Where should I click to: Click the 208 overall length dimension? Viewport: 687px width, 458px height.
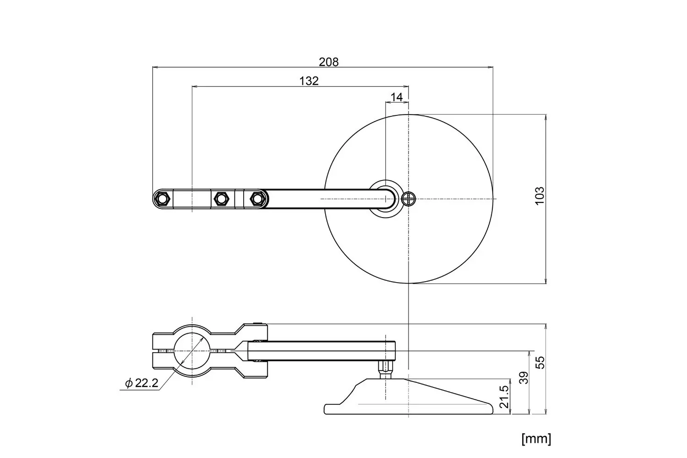[328, 62]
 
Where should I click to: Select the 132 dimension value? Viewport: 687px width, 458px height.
[309, 81]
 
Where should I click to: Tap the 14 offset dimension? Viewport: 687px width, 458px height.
[397, 97]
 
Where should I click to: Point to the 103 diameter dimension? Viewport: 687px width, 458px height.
[539, 196]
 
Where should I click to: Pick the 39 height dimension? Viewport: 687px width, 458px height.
[524, 378]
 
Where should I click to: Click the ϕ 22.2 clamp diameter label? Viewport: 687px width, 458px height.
[142, 383]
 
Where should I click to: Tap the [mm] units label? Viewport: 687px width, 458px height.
[536, 439]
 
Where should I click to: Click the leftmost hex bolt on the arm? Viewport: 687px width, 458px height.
[163, 199]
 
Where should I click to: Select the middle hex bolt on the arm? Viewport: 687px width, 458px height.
[221, 199]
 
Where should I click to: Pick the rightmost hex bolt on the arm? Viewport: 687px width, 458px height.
[258, 199]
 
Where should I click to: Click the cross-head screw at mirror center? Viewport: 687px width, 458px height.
[409, 199]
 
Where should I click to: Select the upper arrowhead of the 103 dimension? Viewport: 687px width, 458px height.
[545, 117]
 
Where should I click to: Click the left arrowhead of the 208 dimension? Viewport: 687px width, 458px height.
[156, 67]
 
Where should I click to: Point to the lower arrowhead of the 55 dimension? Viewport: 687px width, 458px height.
[545, 411]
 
